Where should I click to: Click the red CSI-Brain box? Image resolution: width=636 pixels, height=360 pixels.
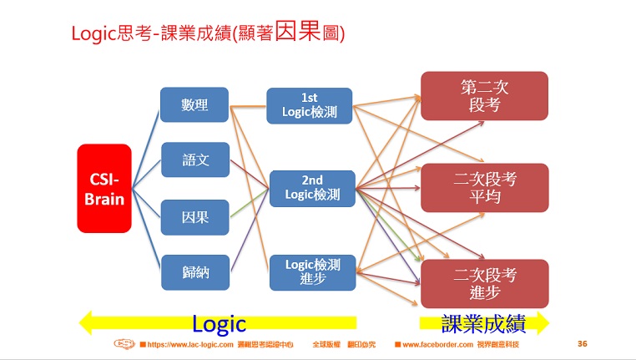tap(104, 188)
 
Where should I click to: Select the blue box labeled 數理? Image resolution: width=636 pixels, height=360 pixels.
tap(194, 104)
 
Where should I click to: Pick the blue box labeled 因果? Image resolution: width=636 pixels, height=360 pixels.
tap(194, 217)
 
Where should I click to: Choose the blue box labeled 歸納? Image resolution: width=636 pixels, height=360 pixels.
tap(194, 272)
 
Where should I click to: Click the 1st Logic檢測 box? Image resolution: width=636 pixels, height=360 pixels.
tap(309, 105)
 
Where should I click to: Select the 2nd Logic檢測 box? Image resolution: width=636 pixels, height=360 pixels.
tap(312, 188)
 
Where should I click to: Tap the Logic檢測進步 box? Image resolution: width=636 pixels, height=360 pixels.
tap(312, 272)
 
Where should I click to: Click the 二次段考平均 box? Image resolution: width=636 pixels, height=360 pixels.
tap(484, 188)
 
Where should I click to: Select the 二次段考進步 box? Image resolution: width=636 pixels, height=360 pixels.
tap(484, 283)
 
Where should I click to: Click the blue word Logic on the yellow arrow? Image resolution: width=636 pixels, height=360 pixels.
tap(219, 323)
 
